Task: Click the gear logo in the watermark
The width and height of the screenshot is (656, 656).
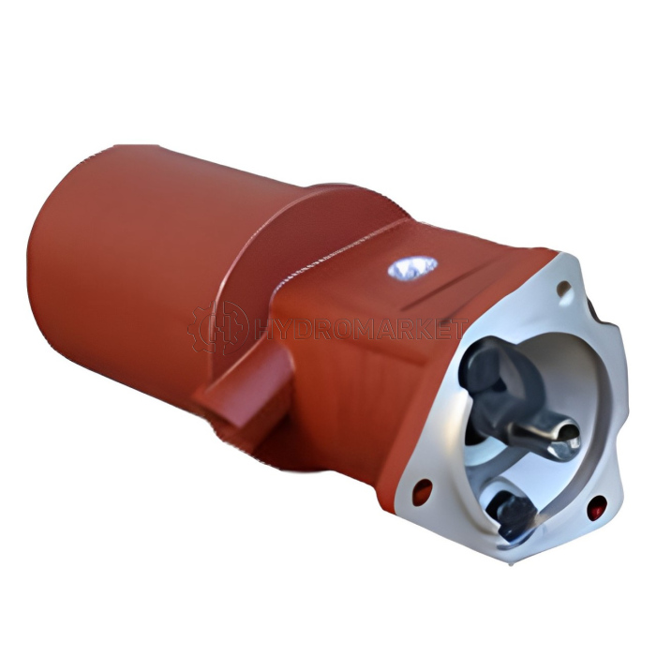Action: (217, 328)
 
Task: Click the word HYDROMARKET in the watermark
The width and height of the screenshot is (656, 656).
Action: (360, 328)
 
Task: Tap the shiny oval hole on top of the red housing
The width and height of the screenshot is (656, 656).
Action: (412, 267)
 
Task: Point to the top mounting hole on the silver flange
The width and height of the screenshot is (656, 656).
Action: (564, 288)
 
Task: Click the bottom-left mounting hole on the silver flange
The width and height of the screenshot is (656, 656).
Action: (423, 490)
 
